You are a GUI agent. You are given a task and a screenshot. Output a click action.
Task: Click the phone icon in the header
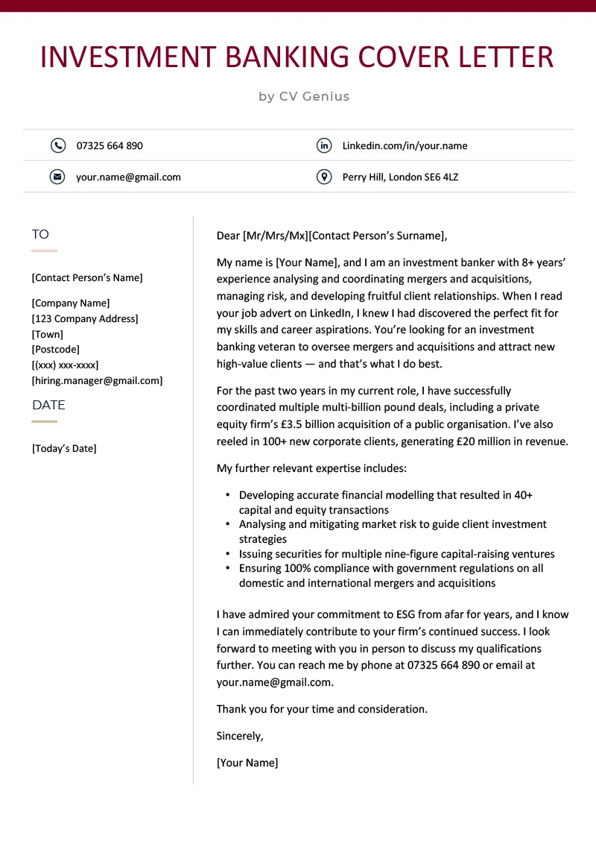pyautogui.click(x=57, y=145)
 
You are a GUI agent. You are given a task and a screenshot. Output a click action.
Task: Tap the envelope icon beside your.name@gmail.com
pyautogui.click(x=57, y=177)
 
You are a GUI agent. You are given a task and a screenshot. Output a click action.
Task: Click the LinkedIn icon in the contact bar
pyautogui.click(x=323, y=145)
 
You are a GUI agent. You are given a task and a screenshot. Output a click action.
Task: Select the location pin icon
pyautogui.click(x=323, y=177)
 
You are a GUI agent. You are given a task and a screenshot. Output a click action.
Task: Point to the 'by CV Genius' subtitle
pyautogui.click(x=304, y=96)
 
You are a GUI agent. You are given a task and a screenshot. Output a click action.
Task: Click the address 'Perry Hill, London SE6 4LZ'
pyautogui.click(x=400, y=177)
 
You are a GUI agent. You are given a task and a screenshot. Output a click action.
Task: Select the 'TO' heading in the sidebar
pyautogui.click(x=40, y=234)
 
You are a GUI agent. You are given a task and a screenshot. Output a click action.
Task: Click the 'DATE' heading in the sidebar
pyautogui.click(x=48, y=405)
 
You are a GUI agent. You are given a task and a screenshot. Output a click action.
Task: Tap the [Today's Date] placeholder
pyautogui.click(x=64, y=448)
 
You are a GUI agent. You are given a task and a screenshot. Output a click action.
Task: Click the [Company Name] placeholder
pyautogui.click(x=71, y=303)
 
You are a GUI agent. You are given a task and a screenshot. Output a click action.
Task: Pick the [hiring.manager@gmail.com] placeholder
pyautogui.click(x=97, y=380)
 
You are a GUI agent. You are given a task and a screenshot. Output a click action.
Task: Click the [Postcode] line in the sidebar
pyautogui.click(x=56, y=349)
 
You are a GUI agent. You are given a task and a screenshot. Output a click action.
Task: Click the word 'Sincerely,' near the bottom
pyautogui.click(x=240, y=736)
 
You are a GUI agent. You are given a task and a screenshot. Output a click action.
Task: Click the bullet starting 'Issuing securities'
pyautogui.click(x=396, y=554)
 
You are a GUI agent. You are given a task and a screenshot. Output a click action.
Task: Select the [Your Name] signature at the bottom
pyautogui.click(x=247, y=763)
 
